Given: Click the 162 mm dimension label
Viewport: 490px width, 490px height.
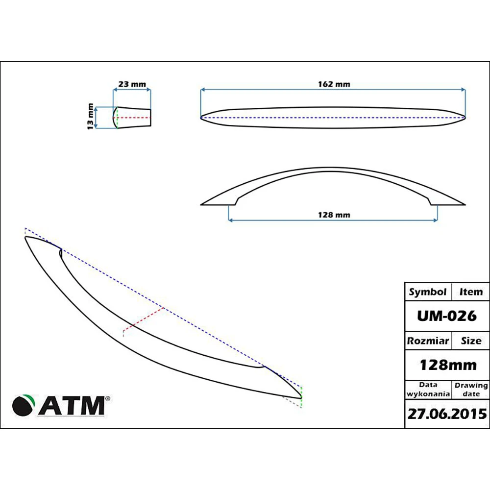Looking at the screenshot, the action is pyautogui.click(x=334, y=84).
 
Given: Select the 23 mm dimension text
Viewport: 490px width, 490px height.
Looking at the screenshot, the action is pyautogui.click(x=132, y=84).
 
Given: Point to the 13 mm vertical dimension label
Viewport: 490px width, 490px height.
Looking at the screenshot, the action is pyautogui.click(x=90, y=117).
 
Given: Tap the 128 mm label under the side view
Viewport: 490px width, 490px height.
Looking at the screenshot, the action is pyautogui.click(x=334, y=215).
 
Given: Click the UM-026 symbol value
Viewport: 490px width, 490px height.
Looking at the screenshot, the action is pyautogui.click(x=446, y=316).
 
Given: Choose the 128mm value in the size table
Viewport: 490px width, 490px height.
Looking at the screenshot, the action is pyautogui.click(x=448, y=365).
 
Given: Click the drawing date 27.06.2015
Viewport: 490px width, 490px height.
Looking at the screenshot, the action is pyautogui.click(x=447, y=414).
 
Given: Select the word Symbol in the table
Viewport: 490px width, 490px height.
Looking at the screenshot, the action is pyautogui.click(x=427, y=292).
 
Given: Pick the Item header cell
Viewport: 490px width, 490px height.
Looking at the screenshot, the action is pyautogui.click(x=470, y=292).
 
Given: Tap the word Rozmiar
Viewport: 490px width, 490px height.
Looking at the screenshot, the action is pyautogui.click(x=428, y=341).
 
